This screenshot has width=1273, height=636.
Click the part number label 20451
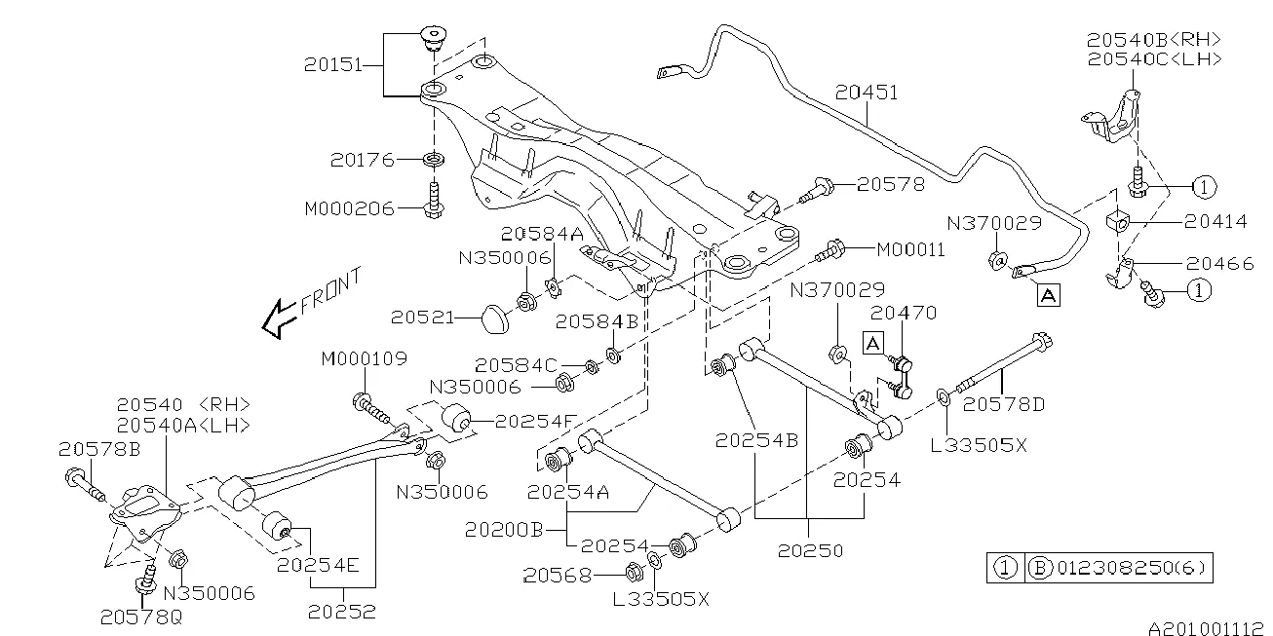(867, 93)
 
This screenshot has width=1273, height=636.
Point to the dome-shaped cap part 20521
(497, 316)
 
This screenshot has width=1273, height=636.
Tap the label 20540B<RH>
(1154, 40)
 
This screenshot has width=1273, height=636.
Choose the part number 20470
(903, 314)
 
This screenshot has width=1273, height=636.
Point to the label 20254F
(535, 422)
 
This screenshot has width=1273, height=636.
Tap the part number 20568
(559, 576)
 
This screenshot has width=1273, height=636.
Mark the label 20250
(811, 550)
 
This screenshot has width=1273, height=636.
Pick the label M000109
(364, 360)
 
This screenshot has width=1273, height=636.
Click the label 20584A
(542, 234)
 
